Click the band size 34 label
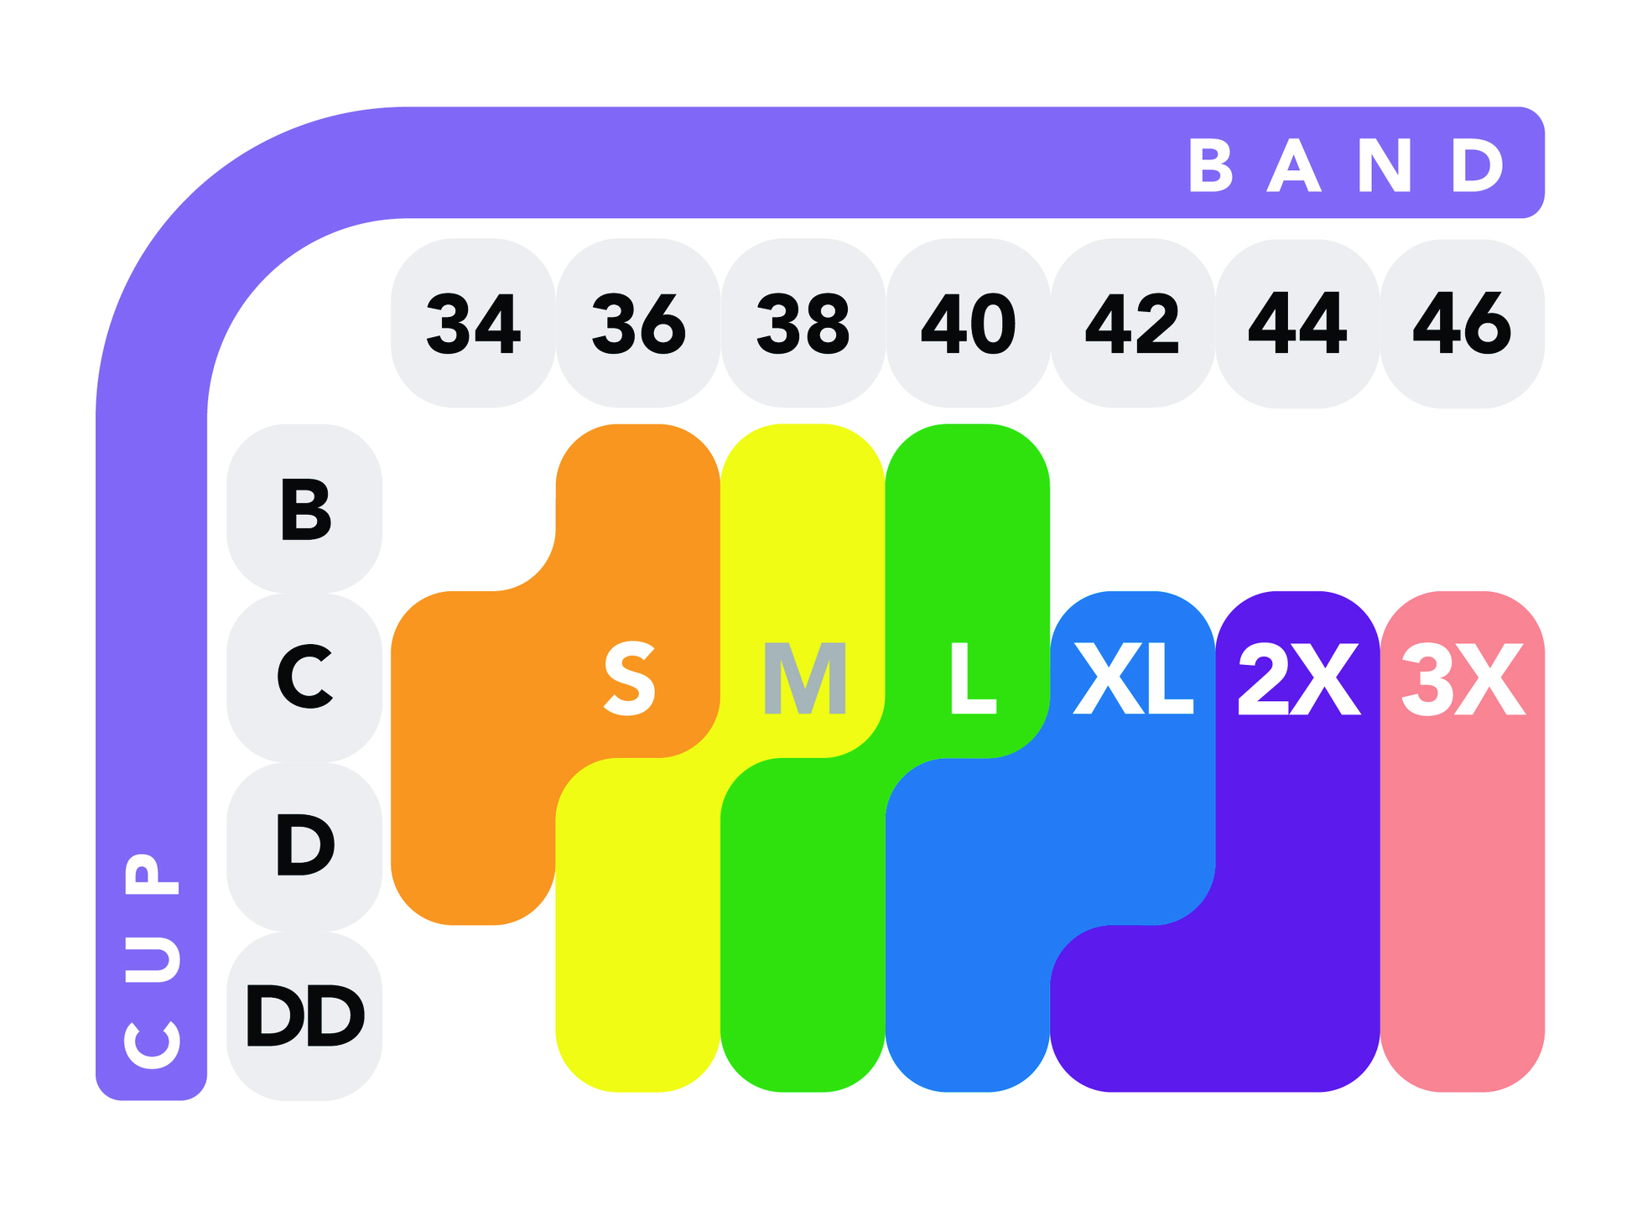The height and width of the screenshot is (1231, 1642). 474,323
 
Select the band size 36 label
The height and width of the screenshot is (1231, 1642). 639,323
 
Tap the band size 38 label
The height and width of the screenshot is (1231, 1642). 803,323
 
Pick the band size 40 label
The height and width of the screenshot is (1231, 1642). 969,323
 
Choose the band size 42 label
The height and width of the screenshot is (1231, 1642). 1133,323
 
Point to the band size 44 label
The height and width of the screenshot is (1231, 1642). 1298,323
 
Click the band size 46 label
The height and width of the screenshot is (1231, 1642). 1463,323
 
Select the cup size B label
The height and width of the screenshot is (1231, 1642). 305,509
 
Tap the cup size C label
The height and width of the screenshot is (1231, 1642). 305,677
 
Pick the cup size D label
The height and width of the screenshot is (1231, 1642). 305,845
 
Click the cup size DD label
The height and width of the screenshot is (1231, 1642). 305,1015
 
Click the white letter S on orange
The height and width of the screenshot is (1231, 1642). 630,678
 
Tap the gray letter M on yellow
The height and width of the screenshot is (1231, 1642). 804,678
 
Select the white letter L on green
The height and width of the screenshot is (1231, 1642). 974,678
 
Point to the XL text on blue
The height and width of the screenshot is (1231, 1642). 1134,678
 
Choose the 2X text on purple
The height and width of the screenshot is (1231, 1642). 1299,678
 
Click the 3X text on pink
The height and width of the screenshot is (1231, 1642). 1463,678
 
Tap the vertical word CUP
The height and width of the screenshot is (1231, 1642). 152,961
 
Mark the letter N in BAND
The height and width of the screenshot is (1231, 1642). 1385,165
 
